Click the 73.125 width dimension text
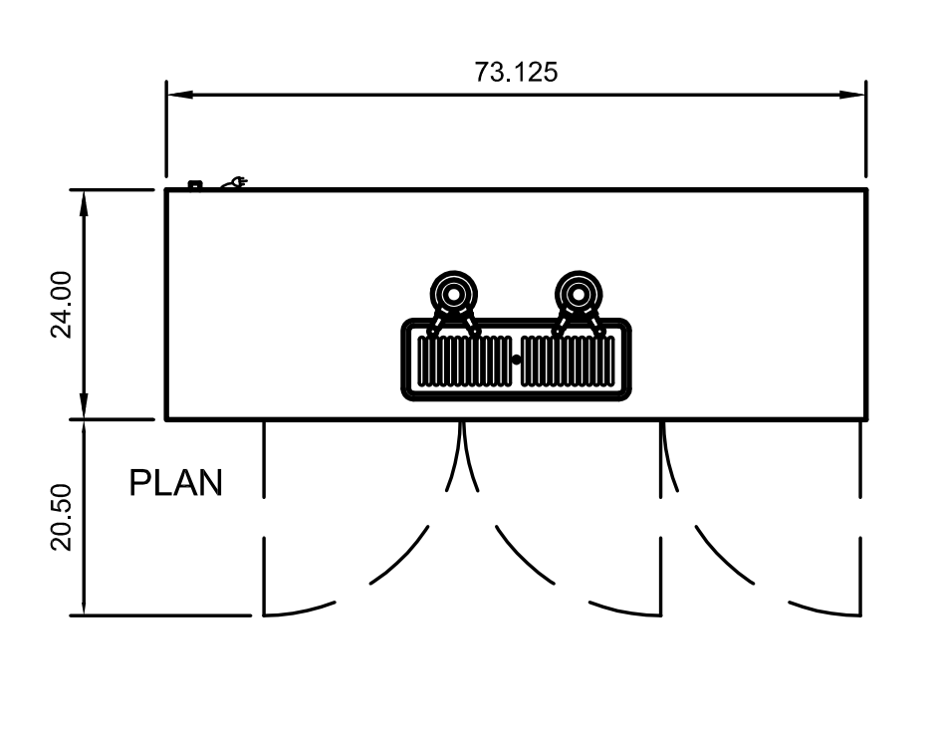click(516, 73)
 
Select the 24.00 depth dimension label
click(62, 305)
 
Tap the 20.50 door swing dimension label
click(62, 517)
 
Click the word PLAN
click(176, 484)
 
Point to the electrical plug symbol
click(235, 182)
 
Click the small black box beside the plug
click(195, 183)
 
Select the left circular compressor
click(454, 295)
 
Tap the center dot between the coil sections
click(516, 360)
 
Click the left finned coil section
click(464, 361)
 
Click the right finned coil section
click(567, 361)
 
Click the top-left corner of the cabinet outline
click(167, 190)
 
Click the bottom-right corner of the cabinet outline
click(865, 418)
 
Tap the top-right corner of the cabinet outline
click(865, 190)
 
